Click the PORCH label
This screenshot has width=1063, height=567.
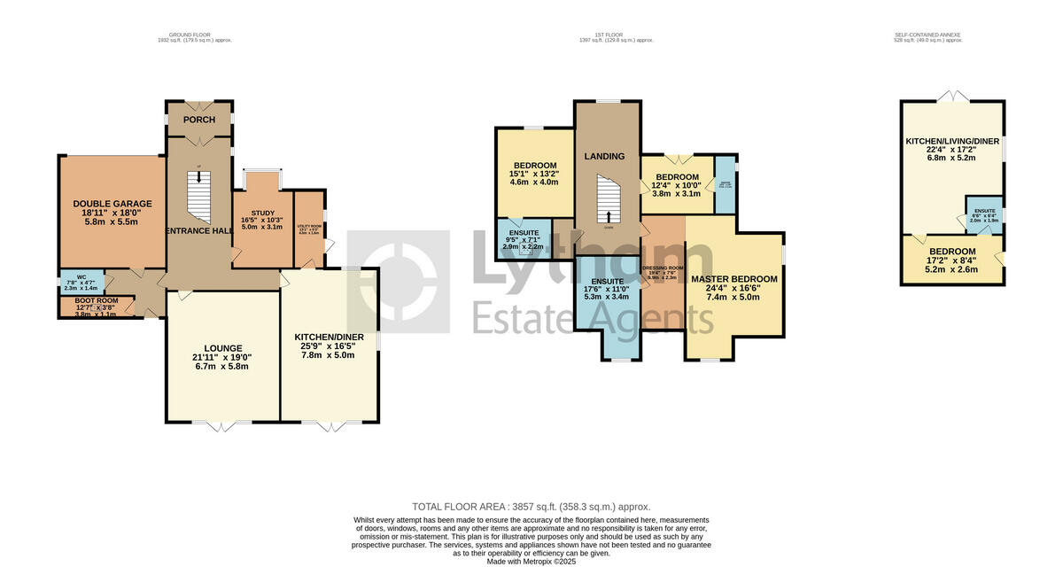[x=199, y=120]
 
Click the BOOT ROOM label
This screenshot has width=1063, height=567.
[x=95, y=300]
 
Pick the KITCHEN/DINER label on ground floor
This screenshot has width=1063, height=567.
[x=330, y=337]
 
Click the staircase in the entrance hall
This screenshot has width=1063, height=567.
[x=198, y=196]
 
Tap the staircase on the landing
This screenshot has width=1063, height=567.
[x=609, y=199]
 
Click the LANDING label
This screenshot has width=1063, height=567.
[x=604, y=156]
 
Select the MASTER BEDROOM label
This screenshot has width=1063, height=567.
[x=734, y=279]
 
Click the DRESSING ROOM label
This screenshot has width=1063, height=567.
[x=663, y=268]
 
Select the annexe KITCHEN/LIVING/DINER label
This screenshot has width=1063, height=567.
[x=951, y=141]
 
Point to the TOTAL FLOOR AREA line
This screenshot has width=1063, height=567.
[x=531, y=507]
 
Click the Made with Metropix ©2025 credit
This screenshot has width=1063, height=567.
[x=531, y=561]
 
